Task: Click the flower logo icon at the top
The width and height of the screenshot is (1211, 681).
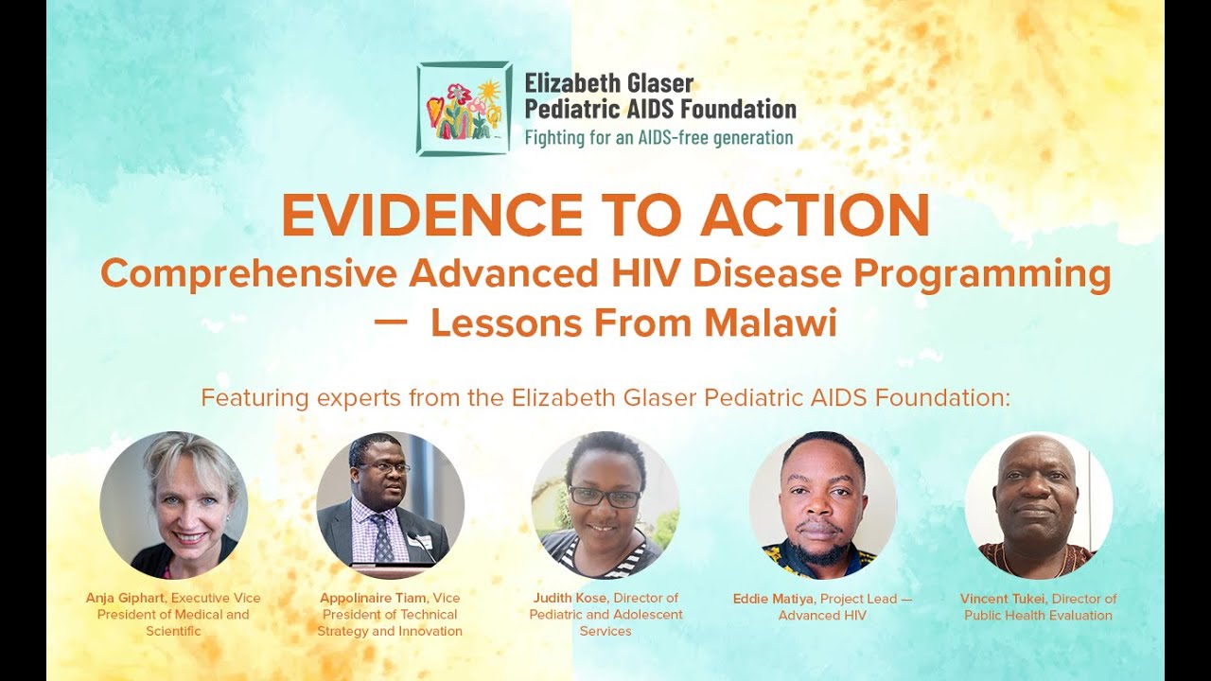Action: [x=465, y=109]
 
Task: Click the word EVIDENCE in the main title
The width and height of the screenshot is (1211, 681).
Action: [x=431, y=216]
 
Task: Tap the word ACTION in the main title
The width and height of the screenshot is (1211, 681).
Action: [x=815, y=216]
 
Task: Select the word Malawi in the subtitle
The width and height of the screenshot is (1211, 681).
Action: [x=770, y=323]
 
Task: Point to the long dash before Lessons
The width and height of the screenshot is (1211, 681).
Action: [x=391, y=323]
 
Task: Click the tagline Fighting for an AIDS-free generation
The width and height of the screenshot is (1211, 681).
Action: [x=658, y=138]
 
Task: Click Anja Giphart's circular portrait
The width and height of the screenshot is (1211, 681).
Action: [x=174, y=505]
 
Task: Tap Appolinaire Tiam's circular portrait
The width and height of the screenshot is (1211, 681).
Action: [x=390, y=505]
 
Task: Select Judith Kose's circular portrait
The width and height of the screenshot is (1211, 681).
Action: [x=605, y=505]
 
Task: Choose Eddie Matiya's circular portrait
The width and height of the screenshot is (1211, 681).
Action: [x=822, y=505]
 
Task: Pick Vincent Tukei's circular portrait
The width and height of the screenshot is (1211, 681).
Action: [x=1038, y=505]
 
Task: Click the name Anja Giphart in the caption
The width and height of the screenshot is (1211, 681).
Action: [x=126, y=598]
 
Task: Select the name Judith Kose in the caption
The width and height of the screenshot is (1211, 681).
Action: [x=571, y=598]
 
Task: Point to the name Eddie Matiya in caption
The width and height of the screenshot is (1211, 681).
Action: [x=774, y=599]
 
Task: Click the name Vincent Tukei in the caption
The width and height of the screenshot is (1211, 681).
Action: [x=1002, y=599]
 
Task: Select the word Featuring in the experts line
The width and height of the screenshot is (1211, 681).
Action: [x=242, y=397]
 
